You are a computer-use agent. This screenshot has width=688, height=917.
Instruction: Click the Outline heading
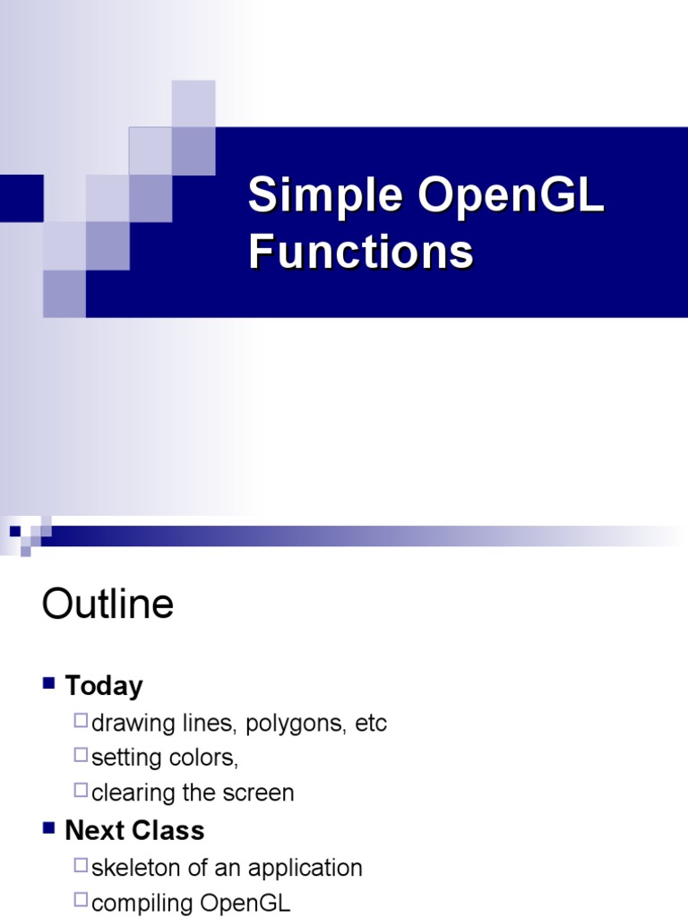[x=107, y=604]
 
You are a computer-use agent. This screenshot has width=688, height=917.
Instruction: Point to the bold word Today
[x=104, y=687]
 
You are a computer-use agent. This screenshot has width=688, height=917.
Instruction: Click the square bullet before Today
[x=49, y=684]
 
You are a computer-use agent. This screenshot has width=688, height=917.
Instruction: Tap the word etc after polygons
[x=371, y=724]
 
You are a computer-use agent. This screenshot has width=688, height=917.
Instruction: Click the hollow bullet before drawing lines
[x=82, y=721]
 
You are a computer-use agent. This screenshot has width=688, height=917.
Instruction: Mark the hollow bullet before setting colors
[x=82, y=756]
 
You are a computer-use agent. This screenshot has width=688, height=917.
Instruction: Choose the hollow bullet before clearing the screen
[x=82, y=791]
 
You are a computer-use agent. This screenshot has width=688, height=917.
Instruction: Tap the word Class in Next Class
[x=168, y=831]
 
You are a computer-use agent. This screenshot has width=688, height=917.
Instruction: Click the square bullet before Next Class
[x=49, y=828]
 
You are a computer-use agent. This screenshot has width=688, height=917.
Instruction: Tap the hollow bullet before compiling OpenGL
[x=82, y=901]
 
